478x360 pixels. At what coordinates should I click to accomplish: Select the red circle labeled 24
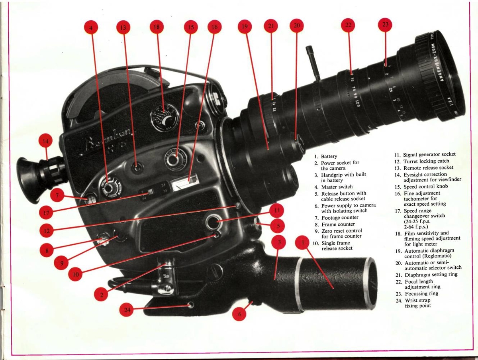pyautogui.click(x=127, y=310)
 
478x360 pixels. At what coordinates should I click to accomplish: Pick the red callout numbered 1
pyautogui.click(x=303, y=242)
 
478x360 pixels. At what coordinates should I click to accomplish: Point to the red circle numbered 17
pyautogui.click(x=46, y=213)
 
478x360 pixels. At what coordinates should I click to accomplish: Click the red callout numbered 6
pyautogui.click(x=239, y=314)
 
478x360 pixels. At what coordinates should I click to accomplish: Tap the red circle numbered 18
pyautogui.click(x=157, y=27)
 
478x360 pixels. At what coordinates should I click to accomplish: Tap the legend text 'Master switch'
pyautogui.click(x=337, y=187)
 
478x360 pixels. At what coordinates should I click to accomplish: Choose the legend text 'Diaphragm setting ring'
pyautogui.click(x=431, y=275)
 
